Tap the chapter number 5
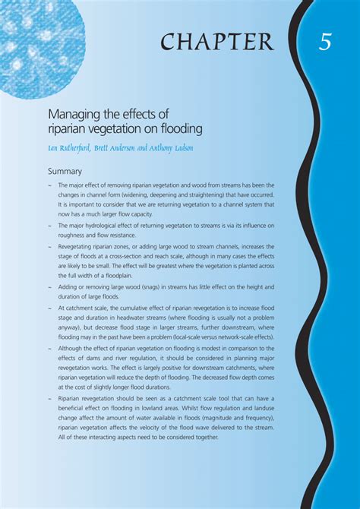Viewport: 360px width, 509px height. (x=325, y=42)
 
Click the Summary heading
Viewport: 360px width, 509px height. (x=65, y=172)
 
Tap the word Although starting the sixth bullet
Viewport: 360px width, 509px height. (x=74, y=348)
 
